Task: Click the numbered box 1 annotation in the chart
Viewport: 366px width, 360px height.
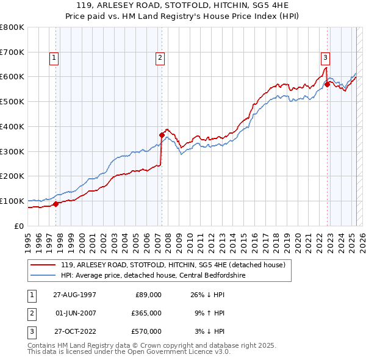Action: tap(54, 58)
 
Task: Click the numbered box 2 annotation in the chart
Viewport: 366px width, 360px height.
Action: tap(160, 58)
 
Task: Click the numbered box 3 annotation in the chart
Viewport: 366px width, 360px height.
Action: tap(326, 58)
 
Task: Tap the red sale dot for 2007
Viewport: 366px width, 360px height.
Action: tap(162, 135)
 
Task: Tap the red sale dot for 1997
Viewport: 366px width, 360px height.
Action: tap(56, 204)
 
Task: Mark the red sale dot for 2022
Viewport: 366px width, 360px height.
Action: tap(328, 84)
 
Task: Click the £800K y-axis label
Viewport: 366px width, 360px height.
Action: tap(12, 27)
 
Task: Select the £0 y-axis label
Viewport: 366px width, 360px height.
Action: tap(19, 226)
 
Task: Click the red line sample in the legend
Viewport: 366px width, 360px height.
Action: tap(44, 265)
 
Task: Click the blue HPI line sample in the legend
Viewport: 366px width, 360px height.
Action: tap(44, 275)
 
